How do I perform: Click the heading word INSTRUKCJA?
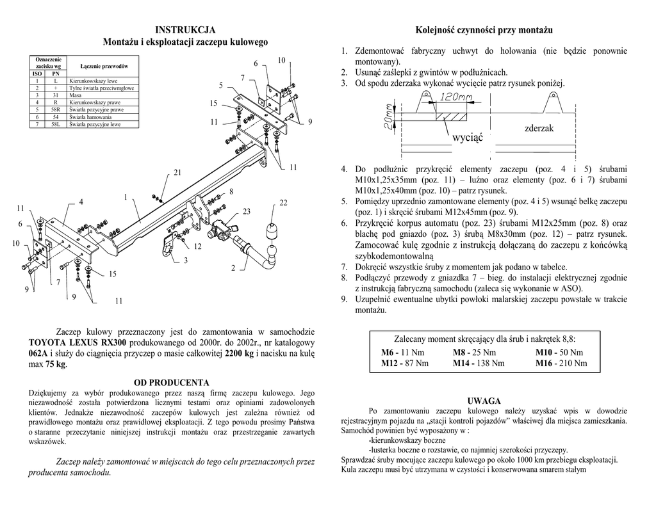coord(186,30)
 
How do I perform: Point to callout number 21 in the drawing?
coord(177,173)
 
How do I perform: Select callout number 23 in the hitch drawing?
coord(246,211)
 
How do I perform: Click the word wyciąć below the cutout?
coord(467,138)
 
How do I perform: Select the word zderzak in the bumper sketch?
coord(539,129)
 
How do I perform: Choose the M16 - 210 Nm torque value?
coord(561,363)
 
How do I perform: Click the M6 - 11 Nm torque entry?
coord(402,353)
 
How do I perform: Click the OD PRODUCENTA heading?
coord(171,383)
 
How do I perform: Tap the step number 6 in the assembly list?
coord(344,223)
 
